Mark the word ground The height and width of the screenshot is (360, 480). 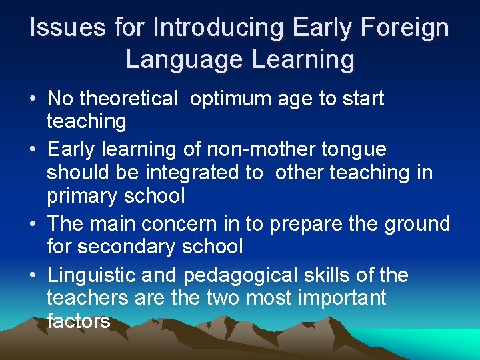click(418, 223)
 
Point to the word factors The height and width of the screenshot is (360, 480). click(78, 321)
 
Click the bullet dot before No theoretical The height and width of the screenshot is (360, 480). click(32, 99)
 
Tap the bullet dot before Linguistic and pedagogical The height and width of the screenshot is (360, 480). click(32, 275)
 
